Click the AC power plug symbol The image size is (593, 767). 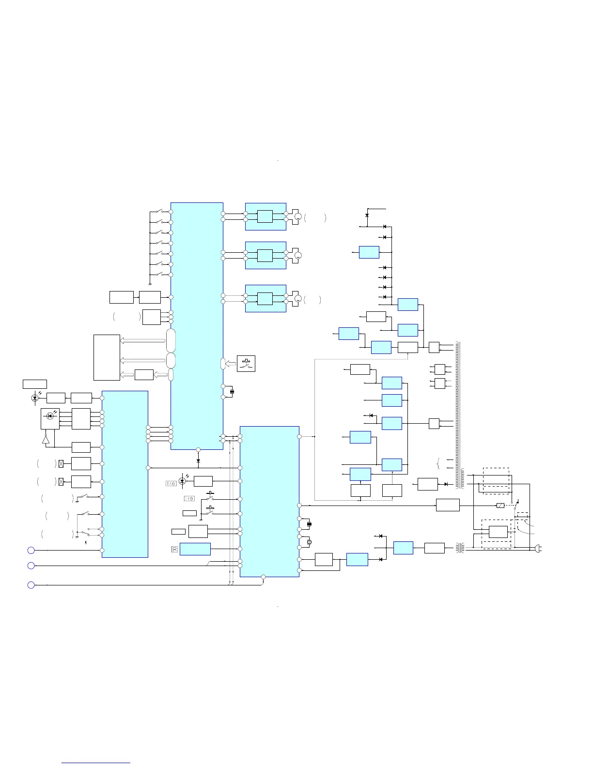pos(537,548)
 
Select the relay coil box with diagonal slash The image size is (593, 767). pos(500,506)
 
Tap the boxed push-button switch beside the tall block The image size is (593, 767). pos(246,364)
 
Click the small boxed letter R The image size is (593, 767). pos(174,549)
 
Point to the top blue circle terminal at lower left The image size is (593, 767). pos(31,550)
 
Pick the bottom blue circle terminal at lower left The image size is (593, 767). pos(31,585)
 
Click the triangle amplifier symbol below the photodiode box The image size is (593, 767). pos(46,439)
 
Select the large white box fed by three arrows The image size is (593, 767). pos(107,357)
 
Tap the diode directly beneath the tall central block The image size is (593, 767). pos(198,460)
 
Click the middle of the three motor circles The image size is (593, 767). pos(298,255)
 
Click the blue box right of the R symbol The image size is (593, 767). pos(195,549)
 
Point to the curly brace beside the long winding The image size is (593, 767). pos(438,463)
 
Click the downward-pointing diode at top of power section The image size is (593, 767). pos(367,215)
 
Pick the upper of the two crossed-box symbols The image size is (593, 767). pos(61,463)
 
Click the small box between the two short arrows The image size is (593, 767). pos(144,375)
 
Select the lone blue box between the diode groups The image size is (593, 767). pos(369,252)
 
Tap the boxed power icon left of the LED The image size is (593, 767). pos(171,483)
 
